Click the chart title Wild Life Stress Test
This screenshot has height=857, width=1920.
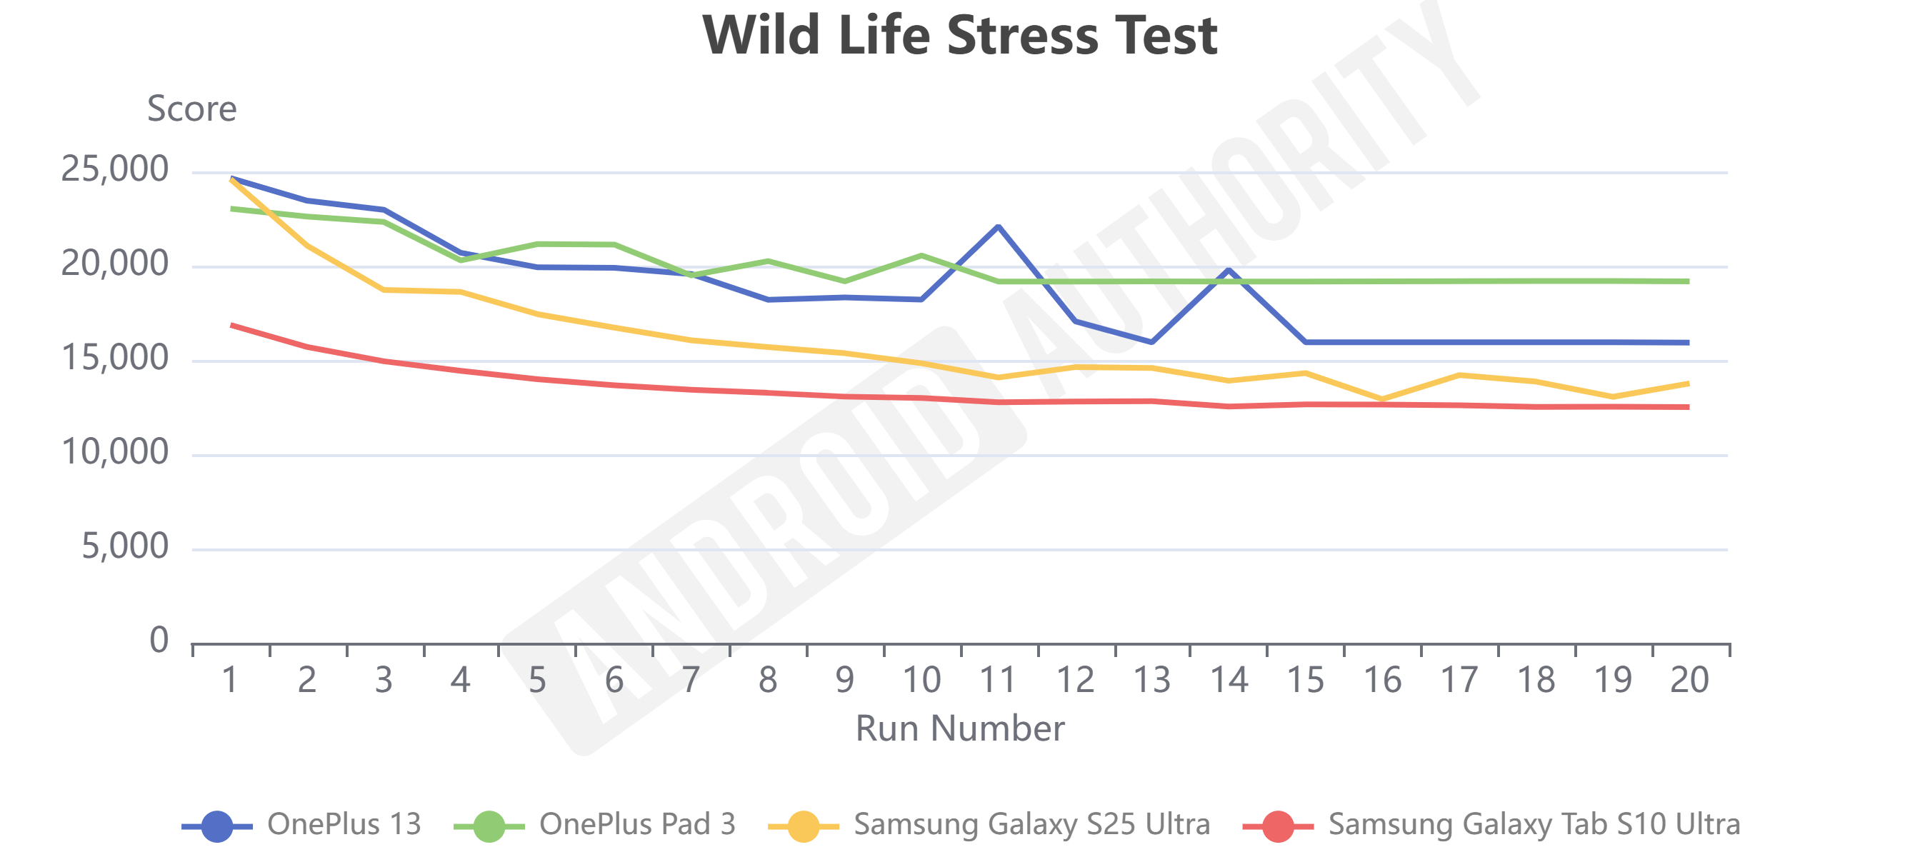point(959,36)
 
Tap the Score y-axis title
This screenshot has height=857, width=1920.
point(191,109)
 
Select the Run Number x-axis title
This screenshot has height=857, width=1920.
point(959,728)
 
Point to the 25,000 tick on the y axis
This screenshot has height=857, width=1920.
point(115,169)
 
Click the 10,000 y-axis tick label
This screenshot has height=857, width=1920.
point(115,452)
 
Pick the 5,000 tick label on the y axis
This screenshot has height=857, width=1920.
point(124,546)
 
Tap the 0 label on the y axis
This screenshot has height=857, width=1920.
point(159,640)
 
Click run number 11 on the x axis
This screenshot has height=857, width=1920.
point(998,680)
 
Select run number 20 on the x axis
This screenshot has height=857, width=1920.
point(1689,680)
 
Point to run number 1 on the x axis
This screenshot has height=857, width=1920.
point(230,680)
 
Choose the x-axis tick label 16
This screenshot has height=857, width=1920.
point(1382,680)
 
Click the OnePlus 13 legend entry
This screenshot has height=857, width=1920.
point(302,825)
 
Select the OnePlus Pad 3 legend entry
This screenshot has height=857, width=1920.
point(595,825)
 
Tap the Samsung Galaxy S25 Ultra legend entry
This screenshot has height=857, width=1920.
point(989,825)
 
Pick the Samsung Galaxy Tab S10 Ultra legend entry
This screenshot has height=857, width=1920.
point(1492,825)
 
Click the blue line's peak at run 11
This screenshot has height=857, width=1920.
point(998,226)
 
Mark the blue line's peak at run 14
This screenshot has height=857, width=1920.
point(1229,270)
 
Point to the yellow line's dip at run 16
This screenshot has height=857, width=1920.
point(1382,399)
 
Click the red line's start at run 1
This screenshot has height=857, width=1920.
point(233,325)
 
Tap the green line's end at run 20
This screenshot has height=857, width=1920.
point(1687,281)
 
